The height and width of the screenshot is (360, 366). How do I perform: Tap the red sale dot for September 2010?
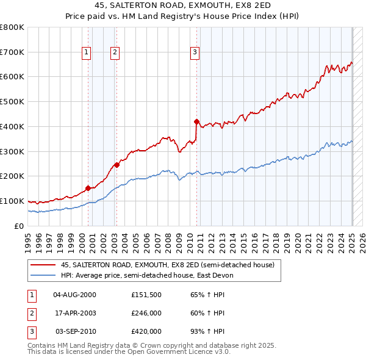pos(196,121)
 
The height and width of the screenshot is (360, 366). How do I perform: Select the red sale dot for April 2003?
pos(117,164)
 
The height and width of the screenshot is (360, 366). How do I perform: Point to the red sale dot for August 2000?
pos(88,188)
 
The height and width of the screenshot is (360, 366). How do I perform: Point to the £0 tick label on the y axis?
pos(18,226)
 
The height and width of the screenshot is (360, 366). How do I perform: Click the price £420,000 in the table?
pos(146,331)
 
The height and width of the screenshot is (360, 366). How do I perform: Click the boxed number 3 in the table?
pos(31,331)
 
